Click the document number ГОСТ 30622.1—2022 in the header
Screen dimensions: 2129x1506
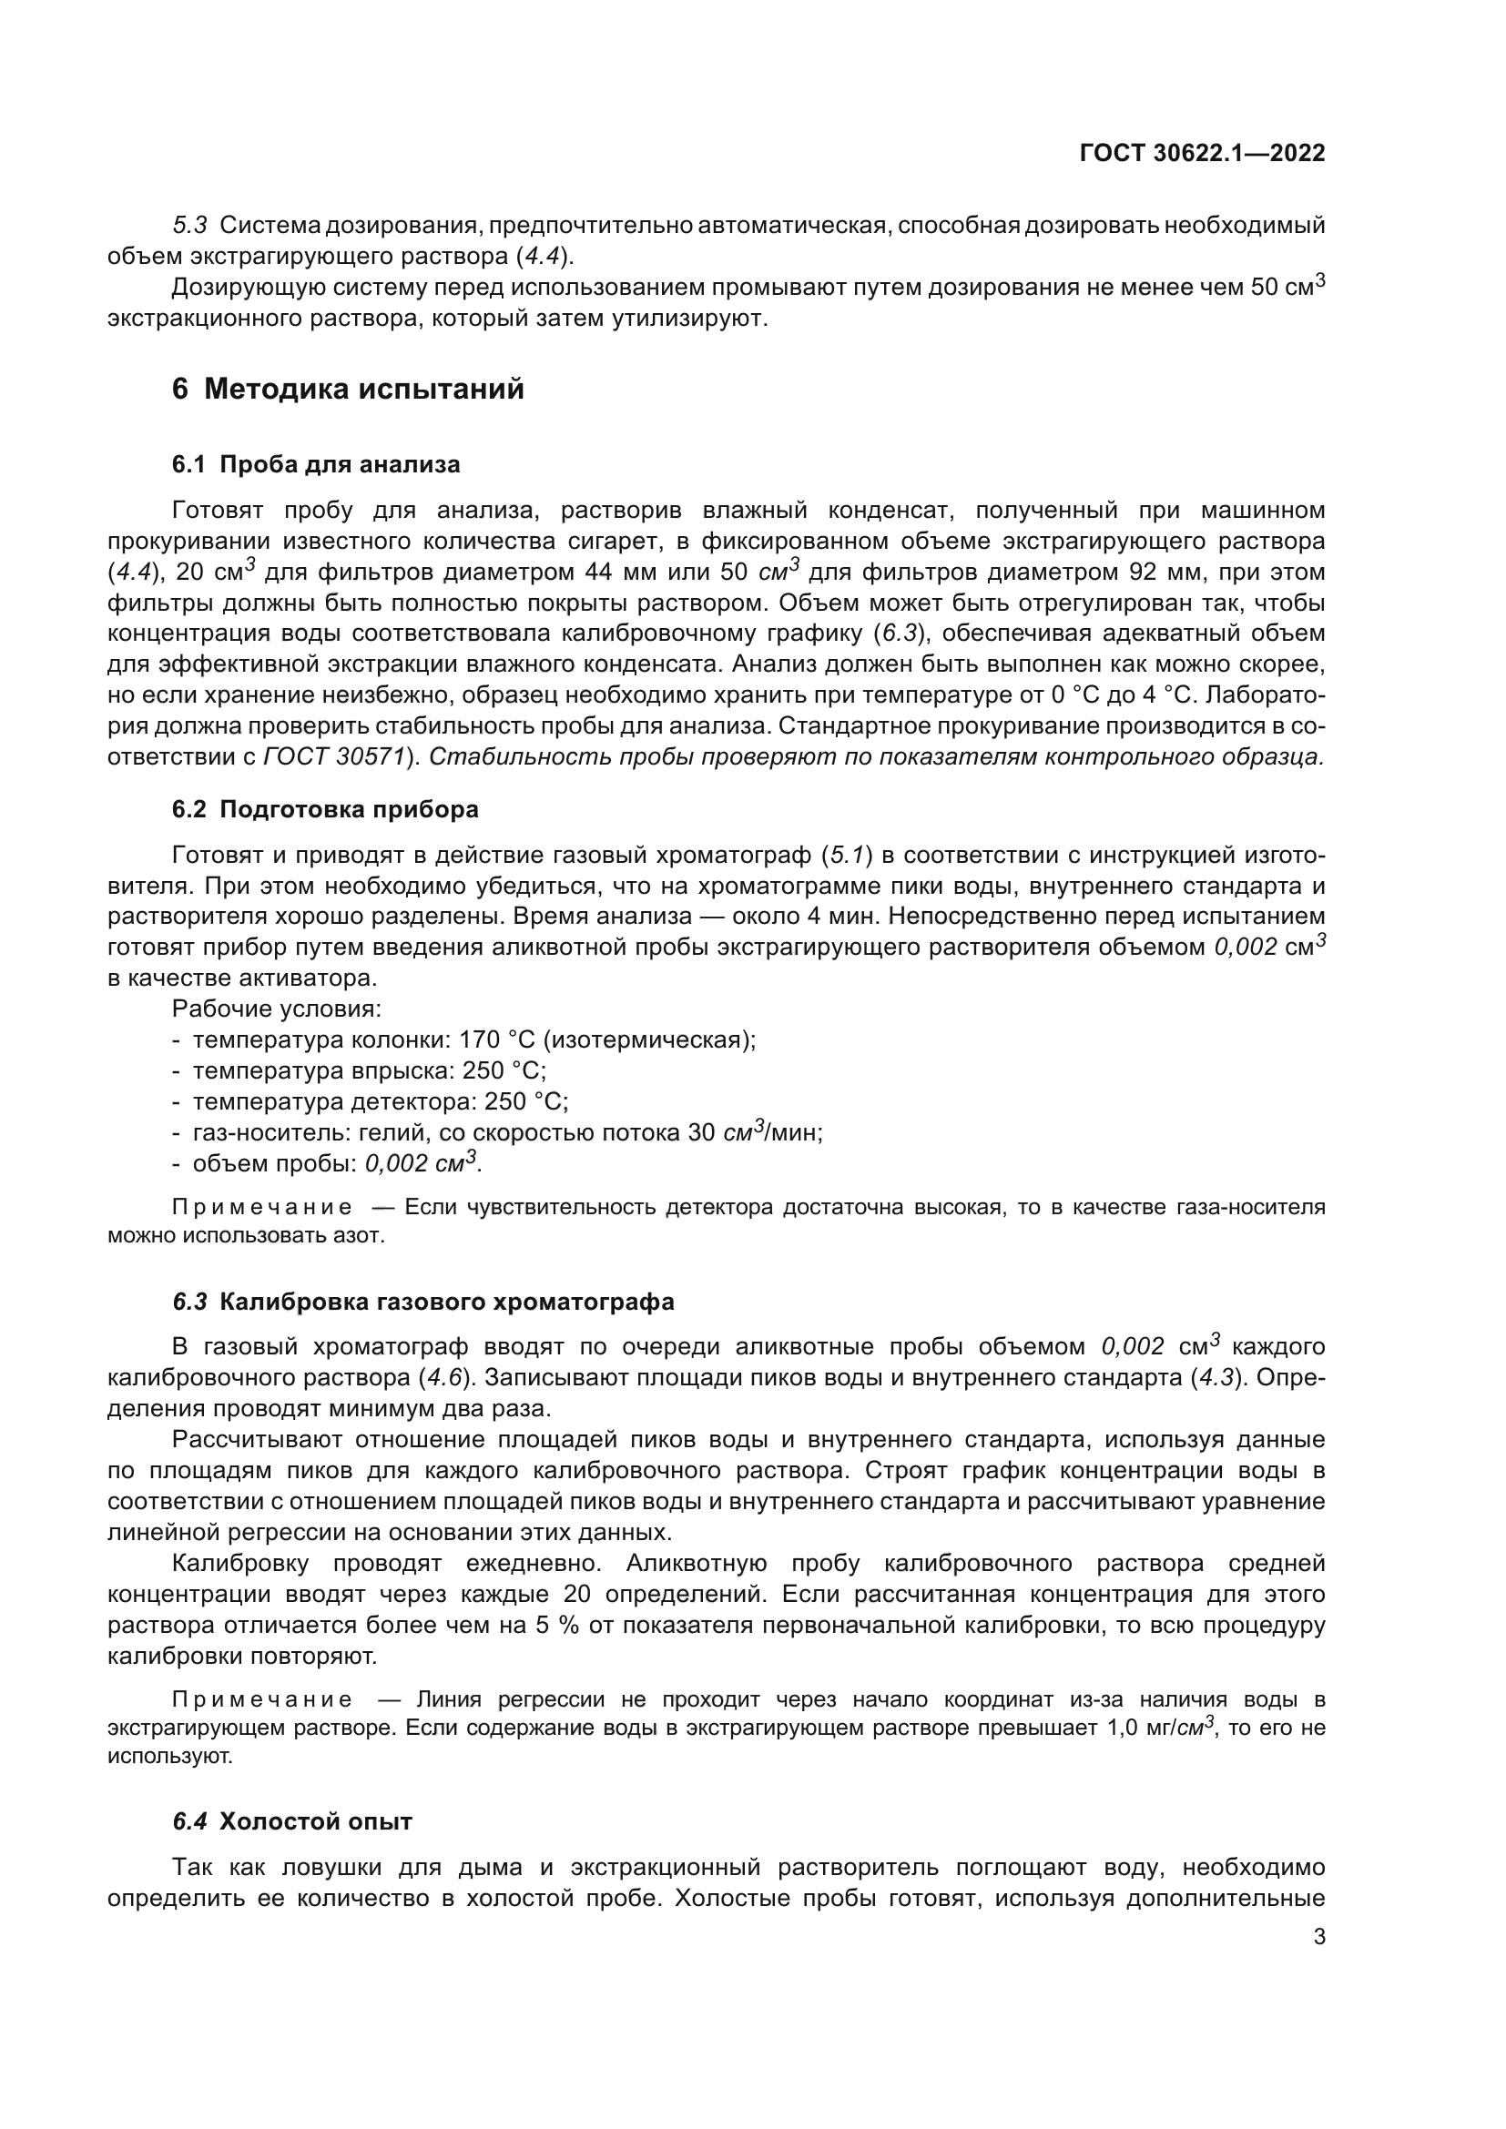point(1202,154)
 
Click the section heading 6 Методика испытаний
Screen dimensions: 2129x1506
point(348,389)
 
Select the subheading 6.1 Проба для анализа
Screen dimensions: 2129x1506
point(315,463)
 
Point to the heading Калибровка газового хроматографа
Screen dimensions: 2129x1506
point(446,1301)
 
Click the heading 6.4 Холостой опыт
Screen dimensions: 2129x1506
point(292,1821)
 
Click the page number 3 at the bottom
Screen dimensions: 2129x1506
point(1318,1937)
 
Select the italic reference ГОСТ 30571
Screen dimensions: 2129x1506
point(335,756)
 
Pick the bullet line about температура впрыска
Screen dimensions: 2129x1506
point(368,1070)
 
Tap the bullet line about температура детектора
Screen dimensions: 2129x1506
point(380,1101)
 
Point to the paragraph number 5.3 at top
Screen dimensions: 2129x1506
point(189,226)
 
